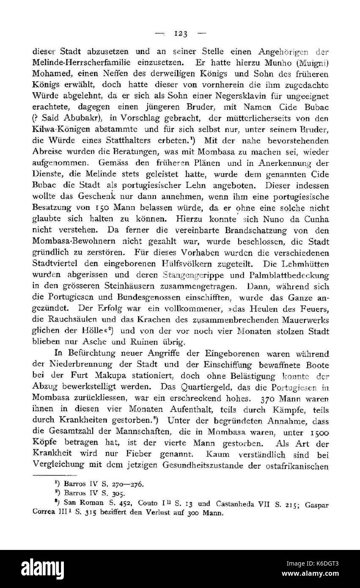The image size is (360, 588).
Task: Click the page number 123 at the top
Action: [x=180, y=33]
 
